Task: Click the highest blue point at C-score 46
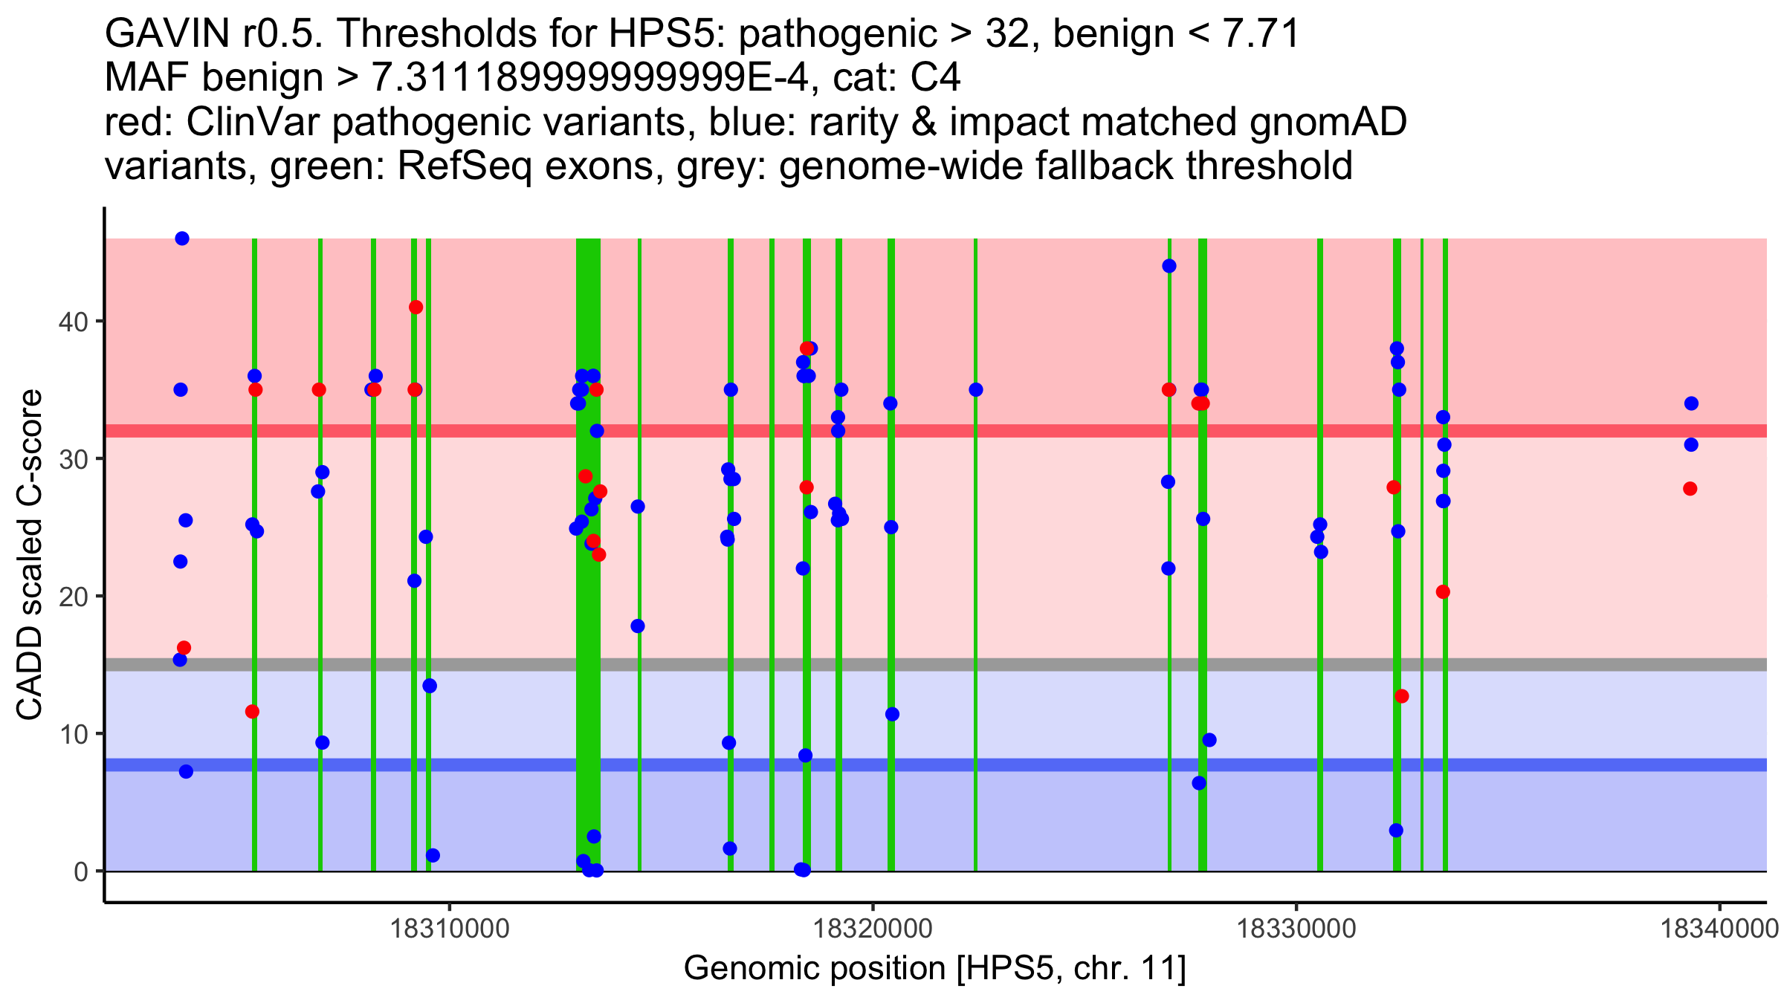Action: point(182,238)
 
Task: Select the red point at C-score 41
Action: point(416,308)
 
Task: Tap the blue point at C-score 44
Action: point(1169,266)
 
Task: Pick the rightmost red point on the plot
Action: point(1690,489)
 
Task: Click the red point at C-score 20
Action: point(1443,592)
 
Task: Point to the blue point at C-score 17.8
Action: point(638,626)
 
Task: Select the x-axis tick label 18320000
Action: point(873,929)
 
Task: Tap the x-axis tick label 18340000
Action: point(1719,929)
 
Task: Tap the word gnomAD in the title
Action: point(1328,123)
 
